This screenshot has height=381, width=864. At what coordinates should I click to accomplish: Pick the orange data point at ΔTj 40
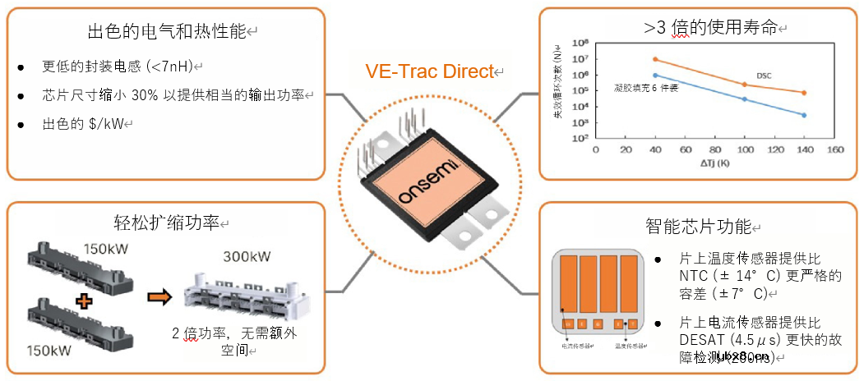(x=655, y=59)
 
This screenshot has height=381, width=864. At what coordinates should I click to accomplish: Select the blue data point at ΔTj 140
(x=803, y=115)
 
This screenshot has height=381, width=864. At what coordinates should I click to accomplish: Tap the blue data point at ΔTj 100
(x=744, y=99)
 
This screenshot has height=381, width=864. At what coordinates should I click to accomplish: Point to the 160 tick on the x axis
(x=834, y=150)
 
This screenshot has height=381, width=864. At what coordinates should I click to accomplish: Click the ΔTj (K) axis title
(x=714, y=163)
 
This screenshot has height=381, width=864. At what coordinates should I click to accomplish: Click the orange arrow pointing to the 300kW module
(x=160, y=296)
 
